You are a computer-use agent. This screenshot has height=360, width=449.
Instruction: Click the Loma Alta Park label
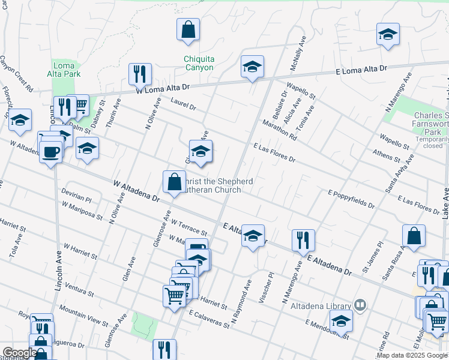(x=64, y=70)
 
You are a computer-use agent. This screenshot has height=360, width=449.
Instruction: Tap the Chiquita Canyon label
(x=199, y=63)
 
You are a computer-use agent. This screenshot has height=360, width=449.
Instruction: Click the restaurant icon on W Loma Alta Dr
(x=140, y=75)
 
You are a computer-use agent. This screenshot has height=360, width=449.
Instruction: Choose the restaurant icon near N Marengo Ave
(x=303, y=240)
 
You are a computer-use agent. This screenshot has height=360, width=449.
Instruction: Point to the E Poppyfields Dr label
(x=351, y=200)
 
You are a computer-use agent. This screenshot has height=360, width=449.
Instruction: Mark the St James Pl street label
(x=372, y=258)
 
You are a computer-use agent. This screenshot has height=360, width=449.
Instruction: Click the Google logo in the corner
(x=19, y=353)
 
